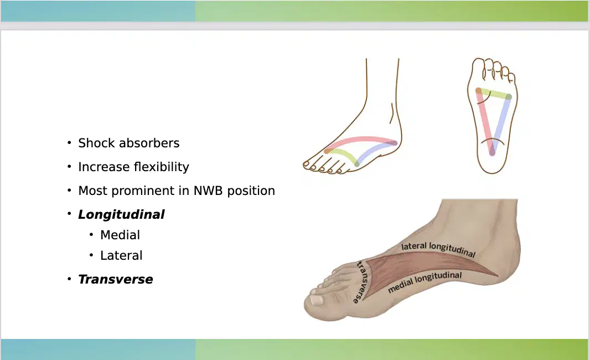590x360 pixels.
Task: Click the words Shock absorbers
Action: pos(129,143)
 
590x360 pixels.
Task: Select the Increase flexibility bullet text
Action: pos(133,167)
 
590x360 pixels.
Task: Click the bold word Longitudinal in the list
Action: pos(121,215)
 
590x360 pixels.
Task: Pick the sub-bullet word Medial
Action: pos(120,235)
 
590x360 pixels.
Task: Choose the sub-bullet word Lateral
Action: pos(121,255)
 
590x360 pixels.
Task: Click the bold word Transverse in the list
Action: pos(116,279)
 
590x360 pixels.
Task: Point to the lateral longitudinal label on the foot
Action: pos(438,249)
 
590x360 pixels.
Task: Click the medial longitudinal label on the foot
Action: pos(425,282)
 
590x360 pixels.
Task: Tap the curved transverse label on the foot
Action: pos(363,282)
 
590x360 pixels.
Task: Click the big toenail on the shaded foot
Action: pos(315,300)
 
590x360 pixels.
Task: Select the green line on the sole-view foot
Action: pos(493,94)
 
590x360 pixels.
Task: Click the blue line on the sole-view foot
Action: pos(501,124)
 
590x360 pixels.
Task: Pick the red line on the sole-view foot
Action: pos(485,122)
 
